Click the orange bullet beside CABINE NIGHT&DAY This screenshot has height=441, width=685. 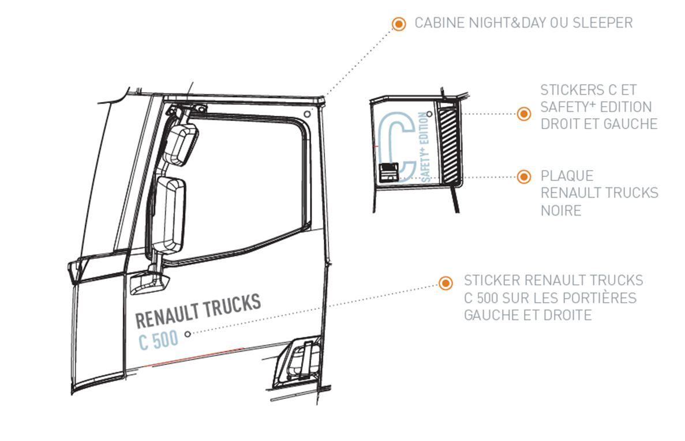click(398, 24)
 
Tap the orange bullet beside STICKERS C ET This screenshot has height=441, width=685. click(523, 114)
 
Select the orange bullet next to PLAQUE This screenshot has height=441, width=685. click(523, 176)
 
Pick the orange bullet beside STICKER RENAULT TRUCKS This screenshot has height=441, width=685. click(445, 282)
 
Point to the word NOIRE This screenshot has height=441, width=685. click(560, 211)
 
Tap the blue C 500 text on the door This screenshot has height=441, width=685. click(158, 340)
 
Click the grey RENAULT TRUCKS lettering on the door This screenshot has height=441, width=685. click(198, 310)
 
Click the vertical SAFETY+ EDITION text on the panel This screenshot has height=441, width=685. click(426, 147)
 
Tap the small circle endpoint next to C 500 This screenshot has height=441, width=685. click(187, 333)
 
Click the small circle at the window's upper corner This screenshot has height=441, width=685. click(306, 114)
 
